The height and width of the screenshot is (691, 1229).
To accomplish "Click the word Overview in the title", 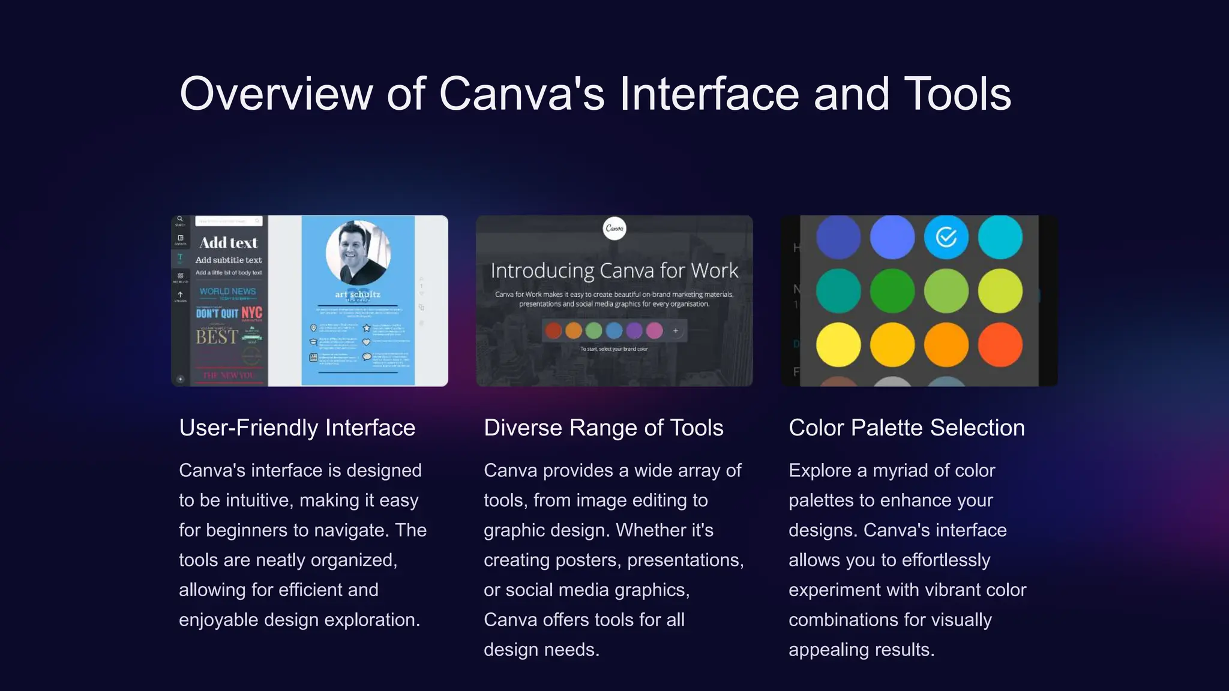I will coord(276,94).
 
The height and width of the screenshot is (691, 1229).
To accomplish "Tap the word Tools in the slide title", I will coord(957,94).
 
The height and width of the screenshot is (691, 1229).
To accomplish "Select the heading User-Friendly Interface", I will coord(297,428).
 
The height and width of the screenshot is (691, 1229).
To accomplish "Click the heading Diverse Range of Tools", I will coord(603,428).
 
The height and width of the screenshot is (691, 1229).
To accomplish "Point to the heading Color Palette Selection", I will coord(906,428).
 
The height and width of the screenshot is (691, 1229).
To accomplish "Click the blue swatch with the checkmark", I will coord(946,237).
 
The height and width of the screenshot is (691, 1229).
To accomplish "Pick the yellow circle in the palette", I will coord(838,344).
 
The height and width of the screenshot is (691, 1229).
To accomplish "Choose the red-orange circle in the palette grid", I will coord(1000,344).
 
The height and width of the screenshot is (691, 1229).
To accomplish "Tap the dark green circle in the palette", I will coord(892,291).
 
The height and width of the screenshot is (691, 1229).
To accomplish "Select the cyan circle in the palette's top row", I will coord(1000,237).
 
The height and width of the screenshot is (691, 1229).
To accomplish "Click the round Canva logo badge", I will coord(614,228).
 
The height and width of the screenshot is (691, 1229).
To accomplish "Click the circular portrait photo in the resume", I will coord(358,253).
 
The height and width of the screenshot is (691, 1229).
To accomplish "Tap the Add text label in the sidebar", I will coord(229,243).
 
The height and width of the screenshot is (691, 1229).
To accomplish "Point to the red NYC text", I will coord(251,313).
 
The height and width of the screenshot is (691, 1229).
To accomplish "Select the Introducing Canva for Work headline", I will coord(614,271).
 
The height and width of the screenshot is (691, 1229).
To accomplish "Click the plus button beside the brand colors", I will coord(676,331).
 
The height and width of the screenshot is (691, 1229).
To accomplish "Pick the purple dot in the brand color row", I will coord(634,331).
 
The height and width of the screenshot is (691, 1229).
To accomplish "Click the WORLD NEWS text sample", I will coord(227,292).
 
